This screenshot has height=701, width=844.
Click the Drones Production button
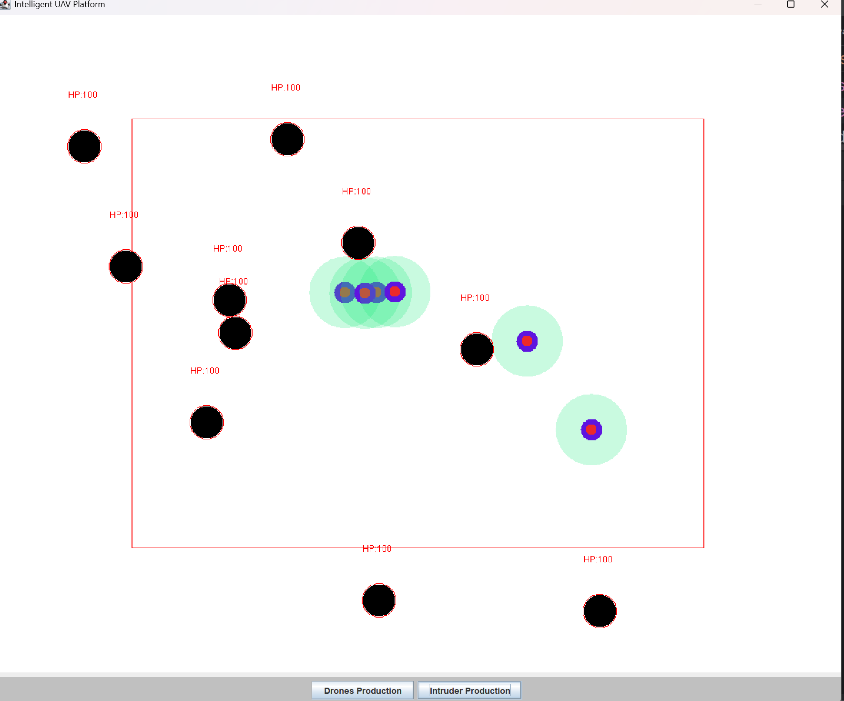pyautogui.click(x=362, y=691)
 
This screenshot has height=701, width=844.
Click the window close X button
pyautogui.click(x=824, y=4)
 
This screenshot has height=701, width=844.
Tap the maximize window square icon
pyautogui.click(x=791, y=4)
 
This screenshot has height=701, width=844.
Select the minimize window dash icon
pyautogui.click(x=758, y=4)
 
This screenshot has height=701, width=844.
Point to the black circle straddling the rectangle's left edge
pyautogui.click(x=126, y=266)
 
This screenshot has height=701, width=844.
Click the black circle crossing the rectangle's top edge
pyautogui.click(x=287, y=139)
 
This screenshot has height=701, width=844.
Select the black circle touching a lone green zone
pyautogui.click(x=477, y=349)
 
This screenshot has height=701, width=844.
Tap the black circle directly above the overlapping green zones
pyautogui.click(x=358, y=243)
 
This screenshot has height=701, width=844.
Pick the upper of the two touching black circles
pyautogui.click(x=230, y=300)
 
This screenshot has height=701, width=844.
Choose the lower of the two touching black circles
pyautogui.click(x=235, y=334)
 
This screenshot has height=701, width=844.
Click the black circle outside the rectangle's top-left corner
pyautogui.click(x=84, y=146)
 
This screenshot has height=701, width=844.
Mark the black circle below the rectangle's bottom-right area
pyautogui.click(x=600, y=611)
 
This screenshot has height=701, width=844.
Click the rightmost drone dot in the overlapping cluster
pyautogui.click(x=395, y=292)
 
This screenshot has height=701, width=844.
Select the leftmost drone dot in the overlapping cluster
pyautogui.click(x=345, y=293)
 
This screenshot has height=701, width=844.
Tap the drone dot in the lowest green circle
pyautogui.click(x=591, y=430)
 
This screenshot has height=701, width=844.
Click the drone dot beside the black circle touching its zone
pyautogui.click(x=527, y=341)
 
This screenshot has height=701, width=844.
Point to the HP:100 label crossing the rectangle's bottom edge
pyautogui.click(x=377, y=549)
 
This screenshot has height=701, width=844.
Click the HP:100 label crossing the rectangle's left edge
pyautogui.click(x=124, y=215)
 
